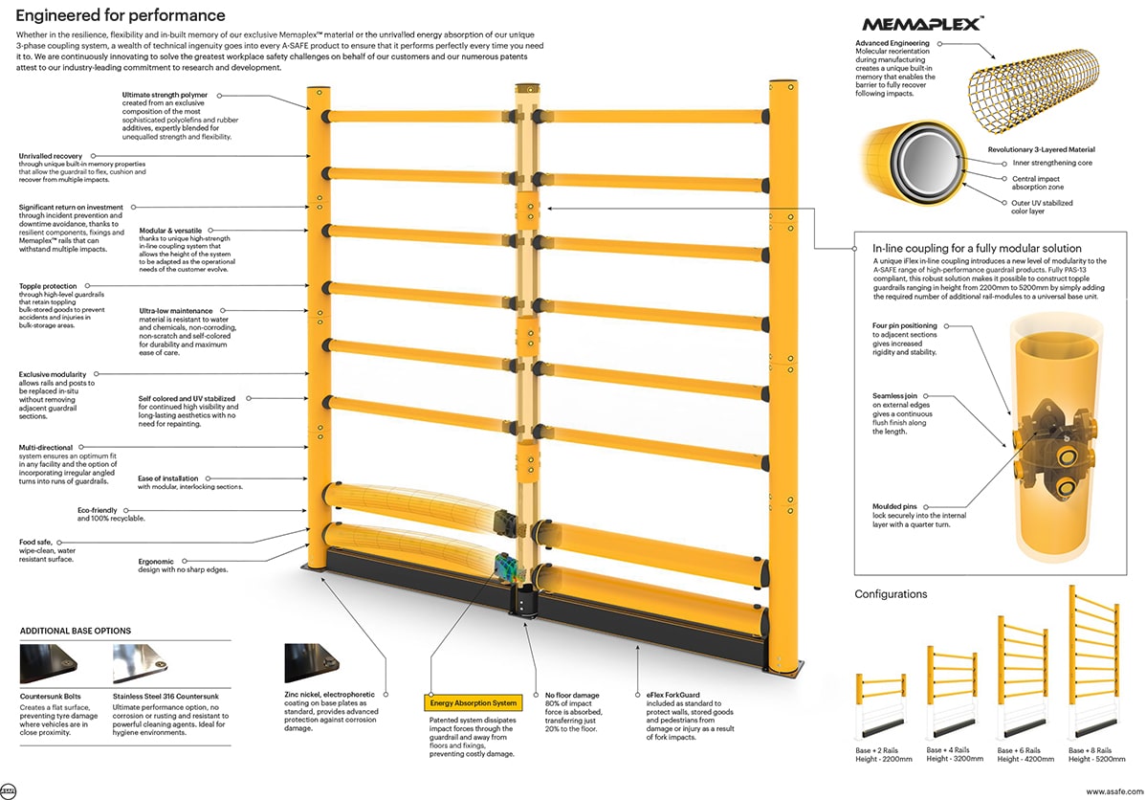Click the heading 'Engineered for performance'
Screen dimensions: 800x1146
point(121,15)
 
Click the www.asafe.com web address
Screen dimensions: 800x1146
point(1110,790)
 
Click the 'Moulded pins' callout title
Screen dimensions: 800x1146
point(893,505)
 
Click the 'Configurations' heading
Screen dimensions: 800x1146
point(890,594)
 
